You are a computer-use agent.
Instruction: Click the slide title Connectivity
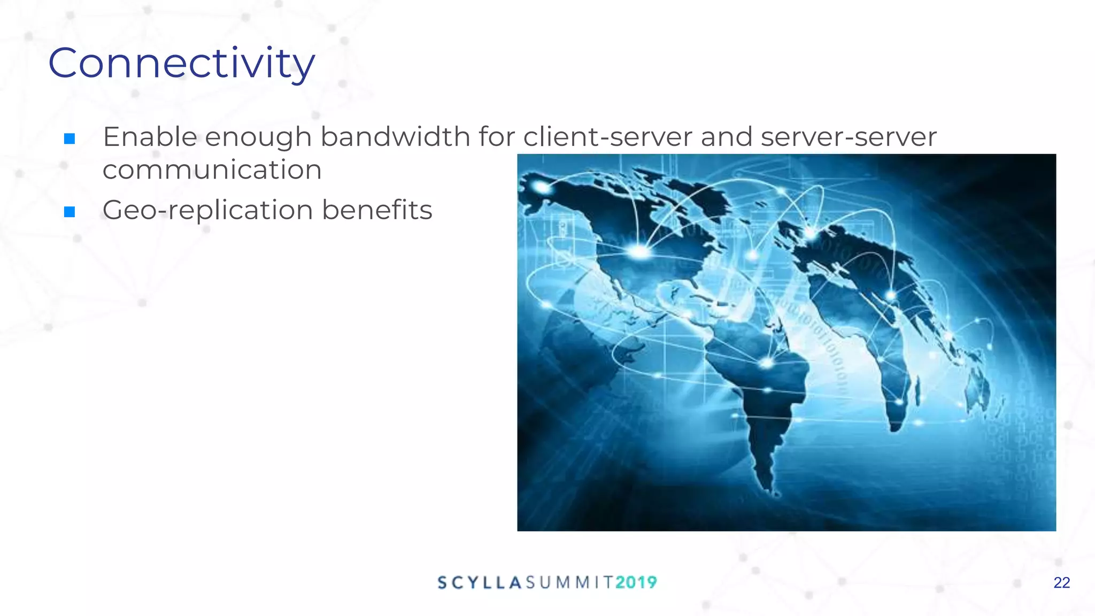[x=182, y=64]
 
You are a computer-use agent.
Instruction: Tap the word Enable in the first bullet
[x=150, y=137]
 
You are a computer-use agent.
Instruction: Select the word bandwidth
[x=395, y=137]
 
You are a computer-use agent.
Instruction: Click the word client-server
[x=607, y=137]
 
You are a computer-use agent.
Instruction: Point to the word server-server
[x=849, y=137]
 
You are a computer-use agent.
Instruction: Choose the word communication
[x=212, y=170]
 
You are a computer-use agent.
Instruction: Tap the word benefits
[x=377, y=210]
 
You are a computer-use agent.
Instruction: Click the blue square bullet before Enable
[x=70, y=139]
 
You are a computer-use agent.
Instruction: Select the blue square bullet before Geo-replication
[x=70, y=212]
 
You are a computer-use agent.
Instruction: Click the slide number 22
[x=1061, y=583]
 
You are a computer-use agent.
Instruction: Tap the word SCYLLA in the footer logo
[x=479, y=582]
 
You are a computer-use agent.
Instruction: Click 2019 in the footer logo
[x=636, y=582]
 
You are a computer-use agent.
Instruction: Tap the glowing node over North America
[x=639, y=250]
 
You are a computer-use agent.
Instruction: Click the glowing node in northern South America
[x=767, y=363]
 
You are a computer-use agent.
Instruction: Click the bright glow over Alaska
[x=542, y=187]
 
